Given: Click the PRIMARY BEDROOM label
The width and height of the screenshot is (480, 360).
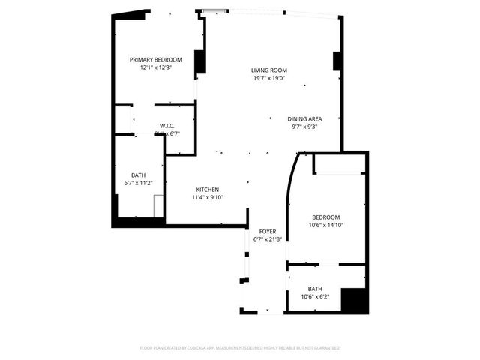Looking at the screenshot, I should pos(155,59).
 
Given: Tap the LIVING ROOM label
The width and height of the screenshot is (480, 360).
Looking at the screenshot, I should pos(268,70).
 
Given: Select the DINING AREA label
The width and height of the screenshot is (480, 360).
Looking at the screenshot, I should pos(304,119).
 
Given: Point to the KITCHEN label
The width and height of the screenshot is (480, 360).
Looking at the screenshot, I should pos(208,190).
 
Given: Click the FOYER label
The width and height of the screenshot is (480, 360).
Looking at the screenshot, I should pos(268,231).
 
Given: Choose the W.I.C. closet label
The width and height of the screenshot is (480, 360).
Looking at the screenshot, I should pos(166,126).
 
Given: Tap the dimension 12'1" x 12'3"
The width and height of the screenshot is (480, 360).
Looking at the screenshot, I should pos(155,67).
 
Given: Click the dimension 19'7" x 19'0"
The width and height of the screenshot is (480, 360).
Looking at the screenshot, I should pos(268,78).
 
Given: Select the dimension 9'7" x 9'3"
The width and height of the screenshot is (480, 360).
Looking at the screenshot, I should pos(304,127).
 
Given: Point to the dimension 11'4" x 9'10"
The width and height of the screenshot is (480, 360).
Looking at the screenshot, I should pos(208,198).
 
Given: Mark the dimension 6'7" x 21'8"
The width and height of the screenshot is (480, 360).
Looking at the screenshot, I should pos(268,239).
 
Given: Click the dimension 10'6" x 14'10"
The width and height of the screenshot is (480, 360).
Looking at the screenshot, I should pos(326,225).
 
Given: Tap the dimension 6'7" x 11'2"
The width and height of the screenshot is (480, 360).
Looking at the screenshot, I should pos(138,182).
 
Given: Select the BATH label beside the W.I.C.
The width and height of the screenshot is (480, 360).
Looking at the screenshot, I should pos(138,175).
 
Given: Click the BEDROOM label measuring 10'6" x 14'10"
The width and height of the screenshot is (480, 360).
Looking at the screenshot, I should pos(326,217).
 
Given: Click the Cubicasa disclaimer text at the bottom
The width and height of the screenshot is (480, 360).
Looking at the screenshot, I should pos(240,348).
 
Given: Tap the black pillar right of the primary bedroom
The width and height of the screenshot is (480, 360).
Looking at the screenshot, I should pos(200,61).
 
